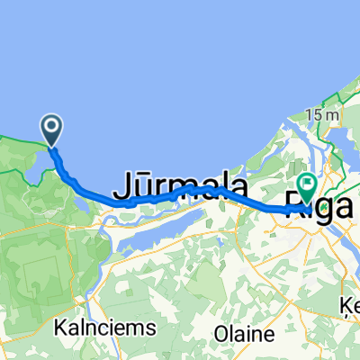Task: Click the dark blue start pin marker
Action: click(x=52, y=131)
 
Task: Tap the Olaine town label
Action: click(x=244, y=334)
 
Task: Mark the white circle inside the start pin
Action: click(x=52, y=128)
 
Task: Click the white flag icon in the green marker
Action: click(x=307, y=185)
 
